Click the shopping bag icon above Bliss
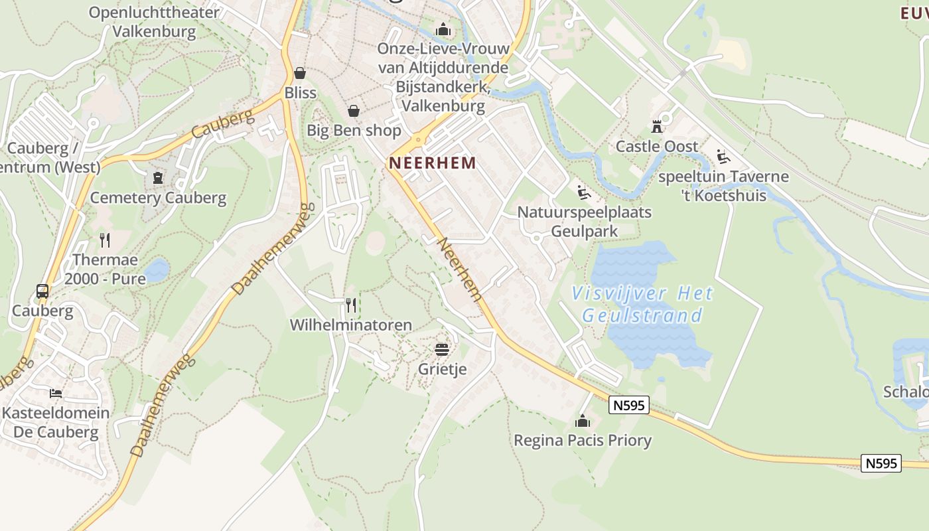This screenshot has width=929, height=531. [x=300, y=72]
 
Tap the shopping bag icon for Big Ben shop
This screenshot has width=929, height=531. [x=354, y=110]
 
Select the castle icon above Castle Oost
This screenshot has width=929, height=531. [x=657, y=126]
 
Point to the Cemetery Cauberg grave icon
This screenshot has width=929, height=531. [x=158, y=177]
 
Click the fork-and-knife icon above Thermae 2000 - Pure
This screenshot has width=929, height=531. [x=105, y=240]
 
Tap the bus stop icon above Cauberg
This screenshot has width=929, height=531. [x=42, y=291]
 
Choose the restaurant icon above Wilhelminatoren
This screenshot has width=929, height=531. [x=351, y=305]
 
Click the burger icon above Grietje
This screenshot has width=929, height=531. [x=442, y=348]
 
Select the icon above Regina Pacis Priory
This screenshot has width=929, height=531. [x=583, y=420]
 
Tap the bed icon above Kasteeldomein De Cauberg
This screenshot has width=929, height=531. [x=56, y=393]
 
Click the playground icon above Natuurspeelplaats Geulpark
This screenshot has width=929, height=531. [x=584, y=192]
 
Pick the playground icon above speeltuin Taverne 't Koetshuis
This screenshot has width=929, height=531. [x=723, y=157]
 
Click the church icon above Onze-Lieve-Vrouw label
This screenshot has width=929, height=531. [x=443, y=29]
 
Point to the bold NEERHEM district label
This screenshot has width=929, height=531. [x=433, y=163]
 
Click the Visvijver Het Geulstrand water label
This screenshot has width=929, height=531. [x=642, y=304]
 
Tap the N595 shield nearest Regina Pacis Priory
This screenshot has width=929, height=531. [x=628, y=405]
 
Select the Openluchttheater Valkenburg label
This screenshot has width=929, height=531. [x=154, y=22]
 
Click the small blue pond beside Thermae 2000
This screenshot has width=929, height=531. [x=157, y=270]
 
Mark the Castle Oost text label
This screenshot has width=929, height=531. [x=657, y=147]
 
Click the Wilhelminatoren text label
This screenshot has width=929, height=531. [x=351, y=325]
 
